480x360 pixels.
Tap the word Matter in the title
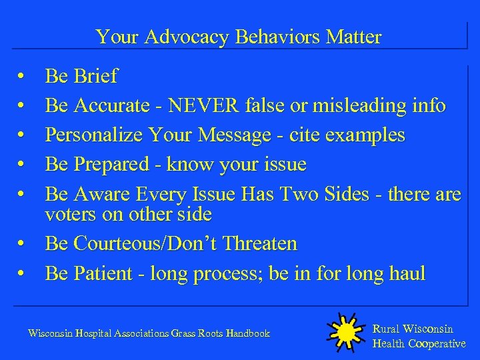click(x=353, y=37)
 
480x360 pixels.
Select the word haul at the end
click(x=405, y=273)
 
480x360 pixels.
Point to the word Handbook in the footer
click(x=247, y=333)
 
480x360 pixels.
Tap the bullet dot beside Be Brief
click(x=22, y=77)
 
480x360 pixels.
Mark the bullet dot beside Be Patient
click(x=22, y=274)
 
